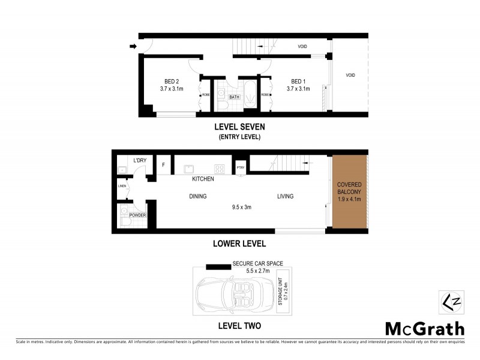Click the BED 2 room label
[x=172, y=82]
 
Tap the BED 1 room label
[x=298, y=82]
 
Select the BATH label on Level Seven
[x=235, y=97]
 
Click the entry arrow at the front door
[x=132, y=46]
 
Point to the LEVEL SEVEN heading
[x=239, y=127]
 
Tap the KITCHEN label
[x=203, y=179]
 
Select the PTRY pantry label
[x=241, y=168]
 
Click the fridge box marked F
[x=163, y=165]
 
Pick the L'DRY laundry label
[x=139, y=160]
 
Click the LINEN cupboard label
[x=121, y=187]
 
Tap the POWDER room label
[x=137, y=215]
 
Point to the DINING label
[x=197, y=196]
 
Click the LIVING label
[x=286, y=196]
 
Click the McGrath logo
[x=424, y=328]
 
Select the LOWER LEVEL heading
[x=239, y=244]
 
